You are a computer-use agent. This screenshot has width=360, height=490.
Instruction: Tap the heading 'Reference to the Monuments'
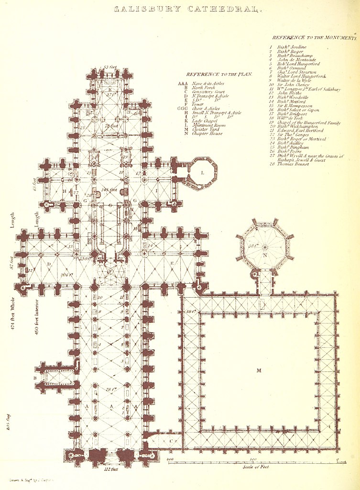click(314, 37)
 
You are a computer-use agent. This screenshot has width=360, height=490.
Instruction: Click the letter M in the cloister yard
click(259, 370)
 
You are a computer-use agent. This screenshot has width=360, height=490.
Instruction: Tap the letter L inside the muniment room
click(203, 172)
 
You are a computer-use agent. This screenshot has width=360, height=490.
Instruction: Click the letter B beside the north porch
click(35, 378)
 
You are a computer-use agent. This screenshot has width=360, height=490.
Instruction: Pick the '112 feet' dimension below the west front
click(110, 469)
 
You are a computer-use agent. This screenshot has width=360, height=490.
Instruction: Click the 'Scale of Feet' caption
click(253, 466)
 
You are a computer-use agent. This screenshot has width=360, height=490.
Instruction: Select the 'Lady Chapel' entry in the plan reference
click(204, 121)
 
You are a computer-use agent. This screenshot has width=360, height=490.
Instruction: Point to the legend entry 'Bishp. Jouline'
click(291, 47)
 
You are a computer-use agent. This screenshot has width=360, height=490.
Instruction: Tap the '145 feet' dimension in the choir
click(109, 190)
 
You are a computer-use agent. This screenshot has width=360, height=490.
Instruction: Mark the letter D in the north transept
click(49, 263)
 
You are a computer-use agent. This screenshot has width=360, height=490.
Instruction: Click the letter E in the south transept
click(172, 264)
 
